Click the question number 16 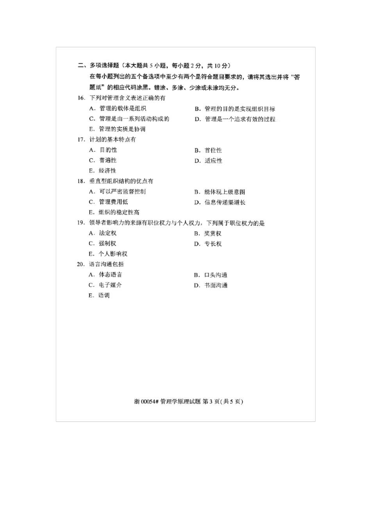(x=81, y=98)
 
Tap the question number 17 (x=81, y=139)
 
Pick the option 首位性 (x=213, y=150)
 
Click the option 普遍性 (x=107, y=161)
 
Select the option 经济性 (x=107, y=171)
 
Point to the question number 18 (x=81, y=181)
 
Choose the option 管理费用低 (x=113, y=202)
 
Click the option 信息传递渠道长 (x=225, y=202)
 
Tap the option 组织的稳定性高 (x=119, y=212)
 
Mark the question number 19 (x=81, y=223)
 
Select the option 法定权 (x=107, y=233)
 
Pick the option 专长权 (x=213, y=244)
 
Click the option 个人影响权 (x=113, y=254)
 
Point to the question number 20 (x=81, y=264)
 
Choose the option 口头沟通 (x=216, y=275)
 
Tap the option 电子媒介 (x=110, y=285)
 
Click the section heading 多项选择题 (x=104, y=66)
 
